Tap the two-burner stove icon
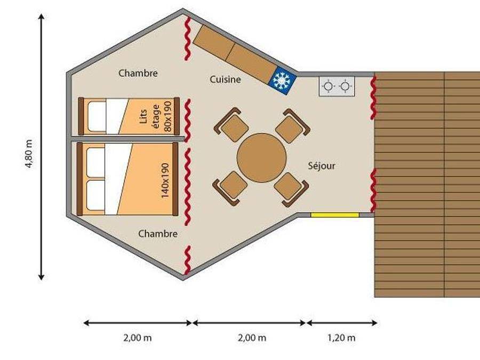[337, 86]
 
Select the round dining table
[261, 158]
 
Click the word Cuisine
[225, 79]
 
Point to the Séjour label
[322, 166]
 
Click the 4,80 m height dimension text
[29, 154]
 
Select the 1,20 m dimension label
[342, 338]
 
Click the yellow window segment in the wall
[334, 215]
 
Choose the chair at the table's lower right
[291, 188]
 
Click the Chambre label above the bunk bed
[138, 73]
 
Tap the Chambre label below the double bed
[157, 234]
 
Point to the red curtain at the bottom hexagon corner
[187, 260]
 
